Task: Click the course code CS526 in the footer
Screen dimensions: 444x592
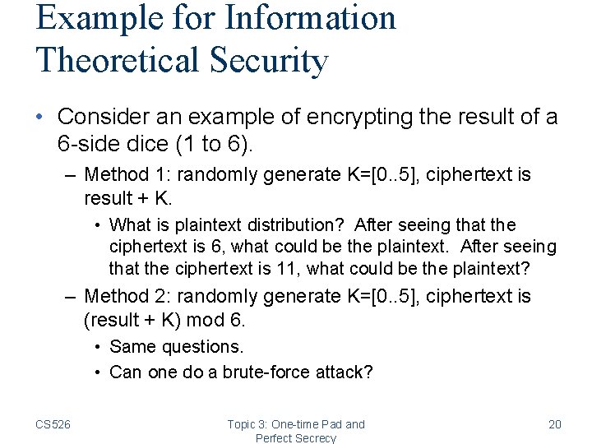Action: pyautogui.click(x=53, y=424)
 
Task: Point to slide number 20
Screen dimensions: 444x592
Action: pyautogui.click(x=554, y=424)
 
